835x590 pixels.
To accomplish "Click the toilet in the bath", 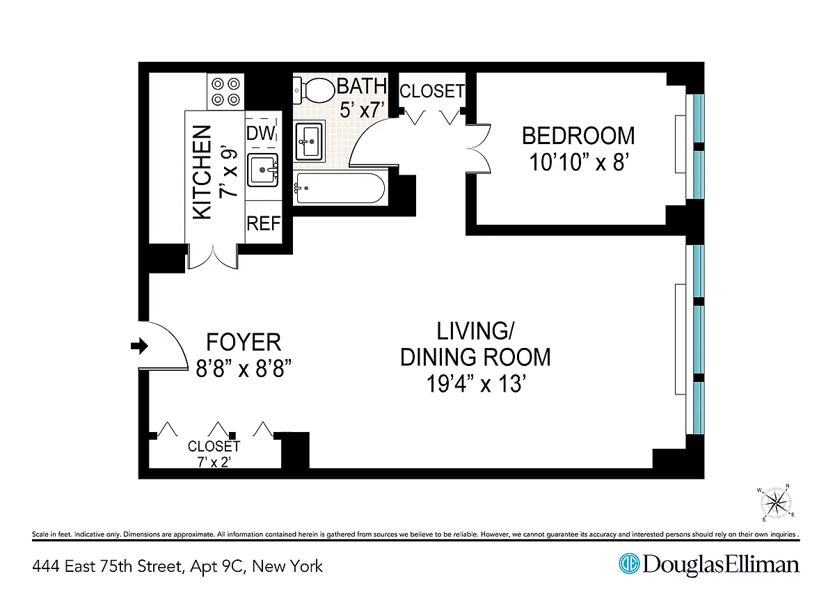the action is coord(314,90).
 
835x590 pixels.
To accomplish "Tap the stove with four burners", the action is coord(225,92).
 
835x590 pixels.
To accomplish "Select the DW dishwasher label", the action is coord(260,133).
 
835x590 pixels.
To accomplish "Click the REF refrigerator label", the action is coord(263,223).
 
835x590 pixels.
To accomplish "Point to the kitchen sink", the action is coord(263,170).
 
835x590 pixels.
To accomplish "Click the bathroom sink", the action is coord(309,141).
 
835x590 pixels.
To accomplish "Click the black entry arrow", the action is coord(139,346).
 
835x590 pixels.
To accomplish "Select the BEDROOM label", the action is coord(578,136).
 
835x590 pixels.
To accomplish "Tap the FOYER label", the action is coord(244,342).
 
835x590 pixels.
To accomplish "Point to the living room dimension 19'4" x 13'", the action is coord(476,383).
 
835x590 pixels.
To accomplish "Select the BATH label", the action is coord(362,86).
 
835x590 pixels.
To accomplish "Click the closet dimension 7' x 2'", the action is coord(214,463).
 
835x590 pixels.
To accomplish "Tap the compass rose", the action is coord(776,503).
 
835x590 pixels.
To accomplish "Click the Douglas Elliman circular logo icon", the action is coord(629,564).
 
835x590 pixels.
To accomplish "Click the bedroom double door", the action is coord(479,149).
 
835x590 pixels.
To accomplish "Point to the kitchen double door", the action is coord(213,257).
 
